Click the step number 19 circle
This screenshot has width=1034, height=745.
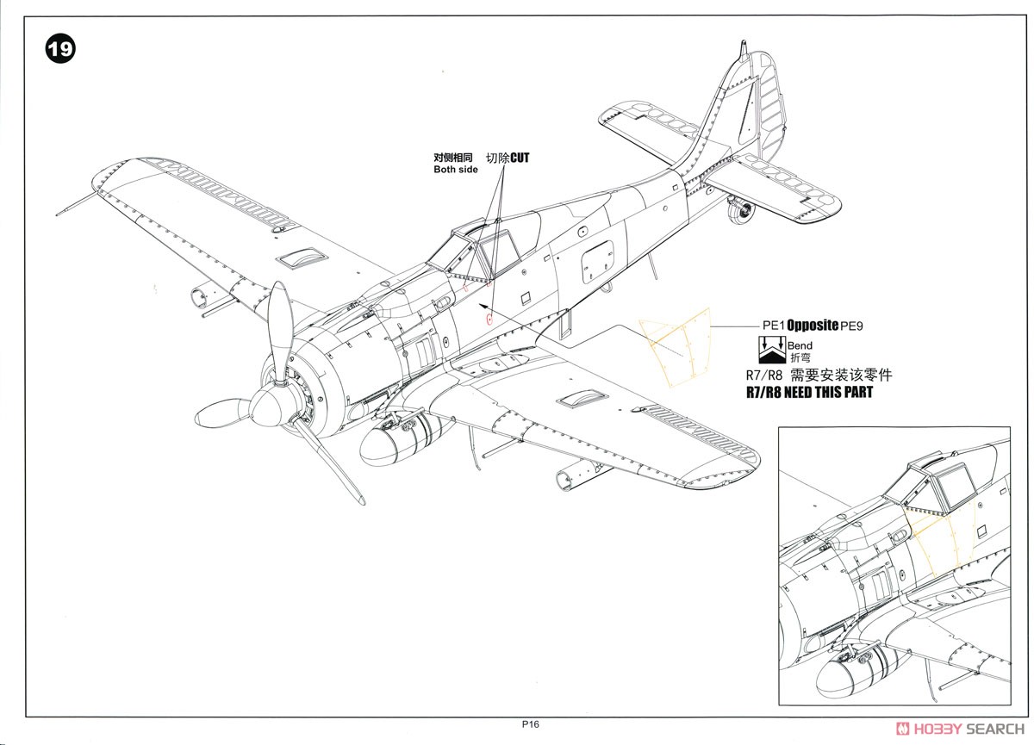pyautogui.click(x=60, y=48)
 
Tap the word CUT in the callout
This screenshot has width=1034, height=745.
pyautogui.click(x=520, y=158)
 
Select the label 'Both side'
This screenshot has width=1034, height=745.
pyautogui.click(x=455, y=170)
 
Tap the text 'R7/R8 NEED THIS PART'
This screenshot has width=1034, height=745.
pyautogui.click(x=809, y=392)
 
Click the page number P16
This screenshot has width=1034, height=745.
pyautogui.click(x=530, y=725)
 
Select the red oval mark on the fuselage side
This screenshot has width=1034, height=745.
pyautogui.click(x=489, y=319)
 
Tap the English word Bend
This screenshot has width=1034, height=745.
pyautogui.click(x=800, y=345)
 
